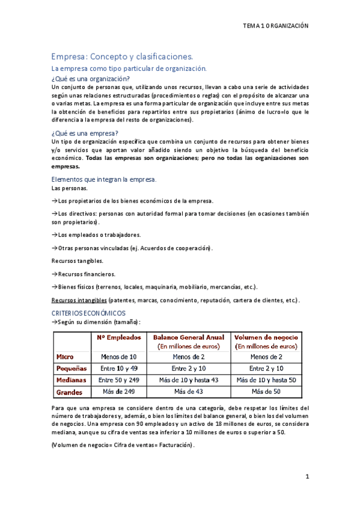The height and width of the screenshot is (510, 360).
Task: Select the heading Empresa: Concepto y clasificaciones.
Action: (122, 57)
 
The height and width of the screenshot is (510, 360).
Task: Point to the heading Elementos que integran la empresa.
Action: (104, 179)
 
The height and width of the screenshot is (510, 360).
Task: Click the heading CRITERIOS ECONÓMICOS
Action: (88, 313)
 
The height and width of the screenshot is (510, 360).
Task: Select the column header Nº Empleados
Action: (119, 337)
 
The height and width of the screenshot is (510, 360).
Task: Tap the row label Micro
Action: (65, 357)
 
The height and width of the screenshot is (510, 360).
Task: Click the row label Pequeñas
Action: (71, 368)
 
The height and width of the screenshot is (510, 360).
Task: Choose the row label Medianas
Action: (71, 380)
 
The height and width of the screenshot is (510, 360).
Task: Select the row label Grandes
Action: (69, 392)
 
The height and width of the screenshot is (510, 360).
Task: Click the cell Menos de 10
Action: (119, 357)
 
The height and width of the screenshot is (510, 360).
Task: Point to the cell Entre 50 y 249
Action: (119, 380)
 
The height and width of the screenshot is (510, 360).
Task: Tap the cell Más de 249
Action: (119, 392)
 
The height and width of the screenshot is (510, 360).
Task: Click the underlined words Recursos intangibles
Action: (79, 300)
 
